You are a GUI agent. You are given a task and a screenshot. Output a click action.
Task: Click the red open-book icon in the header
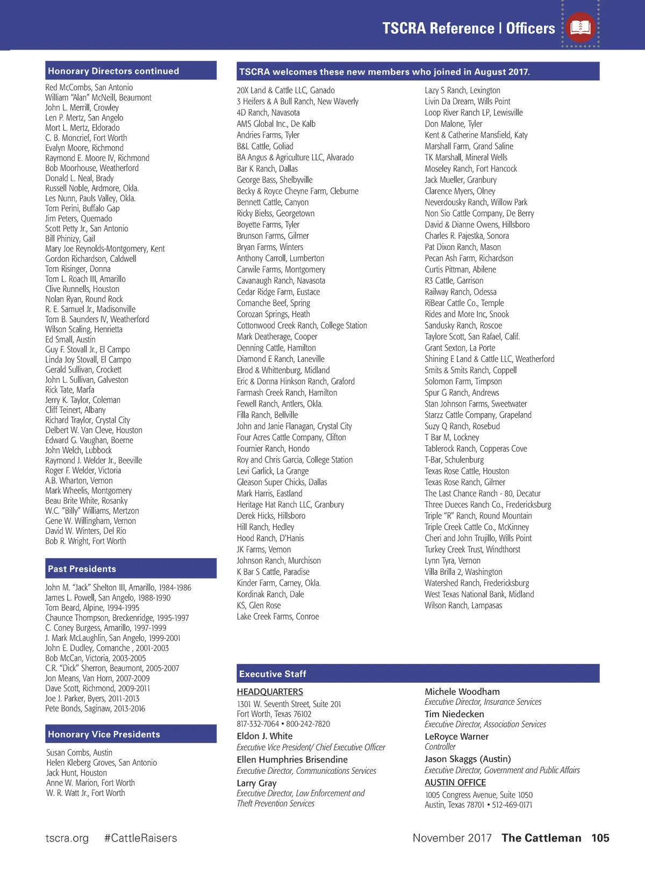click(x=580, y=27)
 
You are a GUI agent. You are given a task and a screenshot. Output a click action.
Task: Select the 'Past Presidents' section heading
click(x=82, y=569)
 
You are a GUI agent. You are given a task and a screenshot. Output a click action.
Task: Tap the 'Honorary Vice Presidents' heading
click(x=104, y=735)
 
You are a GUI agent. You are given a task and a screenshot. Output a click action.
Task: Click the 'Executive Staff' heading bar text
click(x=273, y=674)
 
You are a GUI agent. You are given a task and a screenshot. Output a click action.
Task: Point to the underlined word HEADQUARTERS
click(x=270, y=692)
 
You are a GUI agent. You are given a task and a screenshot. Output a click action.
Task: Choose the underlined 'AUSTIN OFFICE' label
click(x=455, y=783)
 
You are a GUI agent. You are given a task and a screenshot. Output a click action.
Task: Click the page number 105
click(x=600, y=838)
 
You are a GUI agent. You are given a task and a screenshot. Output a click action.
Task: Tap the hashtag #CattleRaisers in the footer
click(x=140, y=838)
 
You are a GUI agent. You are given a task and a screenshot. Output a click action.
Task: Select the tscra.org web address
click(x=67, y=838)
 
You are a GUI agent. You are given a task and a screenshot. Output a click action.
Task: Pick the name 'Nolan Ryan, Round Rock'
click(x=84, y=300)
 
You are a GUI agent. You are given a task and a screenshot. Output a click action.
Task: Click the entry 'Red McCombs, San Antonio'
click(x=89, y=88)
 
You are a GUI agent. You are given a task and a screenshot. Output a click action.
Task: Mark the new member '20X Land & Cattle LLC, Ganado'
click(x=285, y=90)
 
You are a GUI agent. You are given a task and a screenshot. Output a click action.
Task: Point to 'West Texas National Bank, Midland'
click(x=479, y=594)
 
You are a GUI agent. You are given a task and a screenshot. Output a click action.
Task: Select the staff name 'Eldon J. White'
click(x=264, y=736)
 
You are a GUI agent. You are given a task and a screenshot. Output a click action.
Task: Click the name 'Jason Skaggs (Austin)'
click(x=468, y=759)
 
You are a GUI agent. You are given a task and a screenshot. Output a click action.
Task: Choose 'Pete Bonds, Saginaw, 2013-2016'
click(x=95, y=709)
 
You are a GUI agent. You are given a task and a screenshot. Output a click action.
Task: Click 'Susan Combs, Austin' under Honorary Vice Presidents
click(x=79, y=753)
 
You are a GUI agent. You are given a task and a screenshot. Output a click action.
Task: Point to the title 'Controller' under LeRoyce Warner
click(x=440, y=747)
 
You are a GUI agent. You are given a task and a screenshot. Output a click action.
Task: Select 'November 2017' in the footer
click(x=452, y=838)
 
